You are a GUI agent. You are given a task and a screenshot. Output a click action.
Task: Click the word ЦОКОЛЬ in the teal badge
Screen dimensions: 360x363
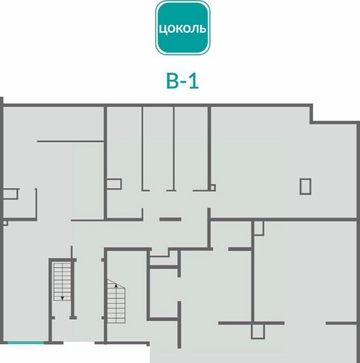coord(183,29)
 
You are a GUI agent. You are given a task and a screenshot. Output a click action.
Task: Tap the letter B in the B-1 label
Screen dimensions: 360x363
coord(172,81)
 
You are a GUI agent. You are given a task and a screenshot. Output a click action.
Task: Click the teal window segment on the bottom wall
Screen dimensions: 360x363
coord(26,343)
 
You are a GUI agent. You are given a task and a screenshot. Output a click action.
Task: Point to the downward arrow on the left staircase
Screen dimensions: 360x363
coord(62,298)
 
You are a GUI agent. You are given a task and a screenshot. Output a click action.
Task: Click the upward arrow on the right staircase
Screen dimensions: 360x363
coord(116,286)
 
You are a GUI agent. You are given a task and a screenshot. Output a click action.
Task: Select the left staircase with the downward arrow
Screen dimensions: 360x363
coord(62,282)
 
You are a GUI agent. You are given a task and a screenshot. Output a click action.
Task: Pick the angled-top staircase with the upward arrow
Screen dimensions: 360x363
coord(116,301)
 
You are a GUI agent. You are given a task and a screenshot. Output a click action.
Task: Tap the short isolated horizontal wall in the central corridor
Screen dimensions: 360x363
coord(170,219)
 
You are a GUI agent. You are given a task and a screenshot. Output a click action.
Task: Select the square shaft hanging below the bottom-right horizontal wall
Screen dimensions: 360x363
coord(258,331)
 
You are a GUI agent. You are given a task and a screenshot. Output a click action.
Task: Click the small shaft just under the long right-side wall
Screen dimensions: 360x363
coord(259,228)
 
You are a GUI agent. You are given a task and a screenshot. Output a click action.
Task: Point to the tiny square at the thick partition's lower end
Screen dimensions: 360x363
coord(213,187)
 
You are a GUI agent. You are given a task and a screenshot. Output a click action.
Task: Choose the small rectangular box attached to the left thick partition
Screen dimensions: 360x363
coord(114,184)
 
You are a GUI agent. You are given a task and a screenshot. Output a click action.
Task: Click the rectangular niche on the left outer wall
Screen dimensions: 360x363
coord(10,194)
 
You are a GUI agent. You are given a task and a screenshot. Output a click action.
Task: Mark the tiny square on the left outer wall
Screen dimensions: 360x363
coord(6,223)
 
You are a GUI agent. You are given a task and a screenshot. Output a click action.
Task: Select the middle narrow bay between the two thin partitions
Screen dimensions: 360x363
coord(158,148)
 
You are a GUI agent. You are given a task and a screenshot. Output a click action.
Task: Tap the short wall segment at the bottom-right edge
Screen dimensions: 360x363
coord(341,323)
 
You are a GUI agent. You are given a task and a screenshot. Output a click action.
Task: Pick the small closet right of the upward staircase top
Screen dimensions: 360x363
coord(164,261)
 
